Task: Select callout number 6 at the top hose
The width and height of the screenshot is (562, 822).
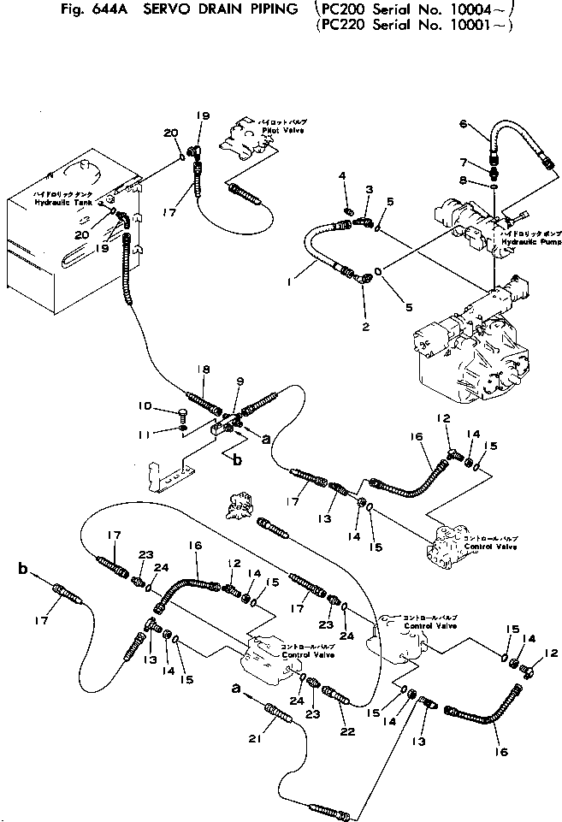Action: (x=463, y=124)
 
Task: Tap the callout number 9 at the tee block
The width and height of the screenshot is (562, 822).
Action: (x=239, y=381)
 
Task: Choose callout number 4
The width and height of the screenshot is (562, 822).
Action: (x=342, y=175)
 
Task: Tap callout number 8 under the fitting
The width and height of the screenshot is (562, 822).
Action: (x=464, y=180)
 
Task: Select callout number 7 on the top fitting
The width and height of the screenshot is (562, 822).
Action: (x=463, y=163)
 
